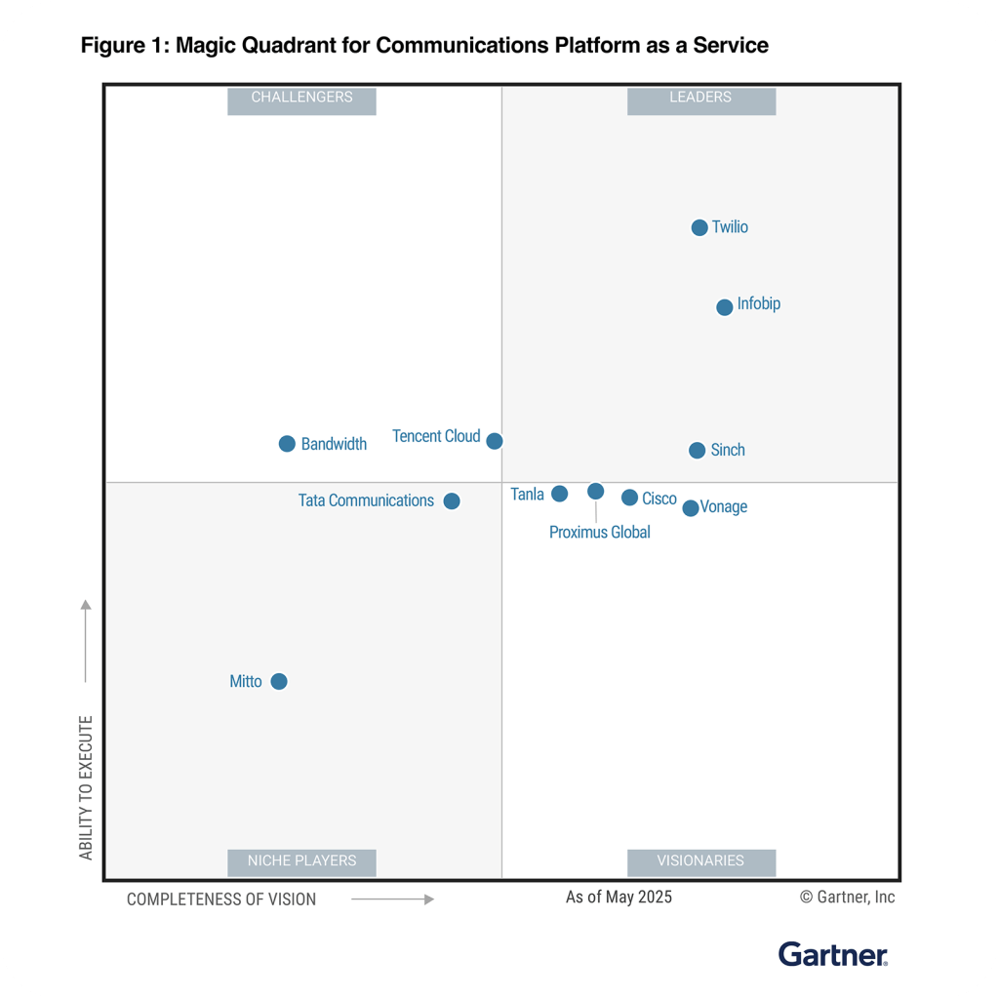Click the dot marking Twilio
(x=699, y=227)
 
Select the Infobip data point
(x=724, y=307)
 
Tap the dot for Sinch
(x=697, y=450)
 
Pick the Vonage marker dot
(x=691, y=508)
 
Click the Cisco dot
(x=629, y=498)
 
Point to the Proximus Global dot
(x=595, y=491)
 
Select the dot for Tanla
(x=559, y=494)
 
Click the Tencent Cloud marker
(x=495, y=441)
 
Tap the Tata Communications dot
(x=452, y=501)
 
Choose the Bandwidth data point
(x=287, y=444)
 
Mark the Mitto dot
(x=279, y=681)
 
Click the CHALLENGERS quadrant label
(x=301, y=98)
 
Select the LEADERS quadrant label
(x=700, y=98)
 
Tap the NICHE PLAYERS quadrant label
(x=301, y=860)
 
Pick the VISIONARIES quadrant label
(x=700, y=860)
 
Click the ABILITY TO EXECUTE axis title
(x=86, y=788)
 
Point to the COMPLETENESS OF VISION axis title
(x=221, y=899)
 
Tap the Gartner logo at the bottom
(x=833, y=954)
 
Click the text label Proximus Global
(x=599, y=533)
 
